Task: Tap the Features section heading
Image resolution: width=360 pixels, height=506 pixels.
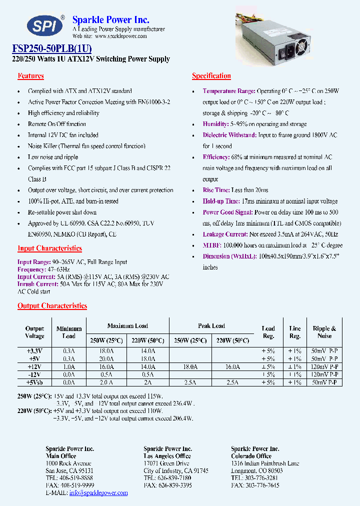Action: click(30, 76)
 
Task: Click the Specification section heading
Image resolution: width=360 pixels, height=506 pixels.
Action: click(211, 76)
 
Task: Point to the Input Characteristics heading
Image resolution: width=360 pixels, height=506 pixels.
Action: click(49, 248)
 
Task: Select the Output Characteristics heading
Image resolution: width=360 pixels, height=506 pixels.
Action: click(52, 306)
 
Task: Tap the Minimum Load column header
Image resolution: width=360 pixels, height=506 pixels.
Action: click(69, 332)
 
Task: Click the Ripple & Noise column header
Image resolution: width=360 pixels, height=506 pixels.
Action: click(324, 332)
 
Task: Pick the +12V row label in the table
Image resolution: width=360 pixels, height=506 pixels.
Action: click(34, 366)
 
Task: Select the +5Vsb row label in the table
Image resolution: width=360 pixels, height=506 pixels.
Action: click(34, 382)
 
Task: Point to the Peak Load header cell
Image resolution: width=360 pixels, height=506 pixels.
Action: click(211, 326)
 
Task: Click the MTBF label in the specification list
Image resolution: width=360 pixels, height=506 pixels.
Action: click(211, 245)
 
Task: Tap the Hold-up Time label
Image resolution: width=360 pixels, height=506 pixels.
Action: click(221, 201)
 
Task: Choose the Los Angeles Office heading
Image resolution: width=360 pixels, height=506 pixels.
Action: click(167, 456)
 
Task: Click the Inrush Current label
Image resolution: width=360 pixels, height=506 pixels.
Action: click(37, 284)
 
